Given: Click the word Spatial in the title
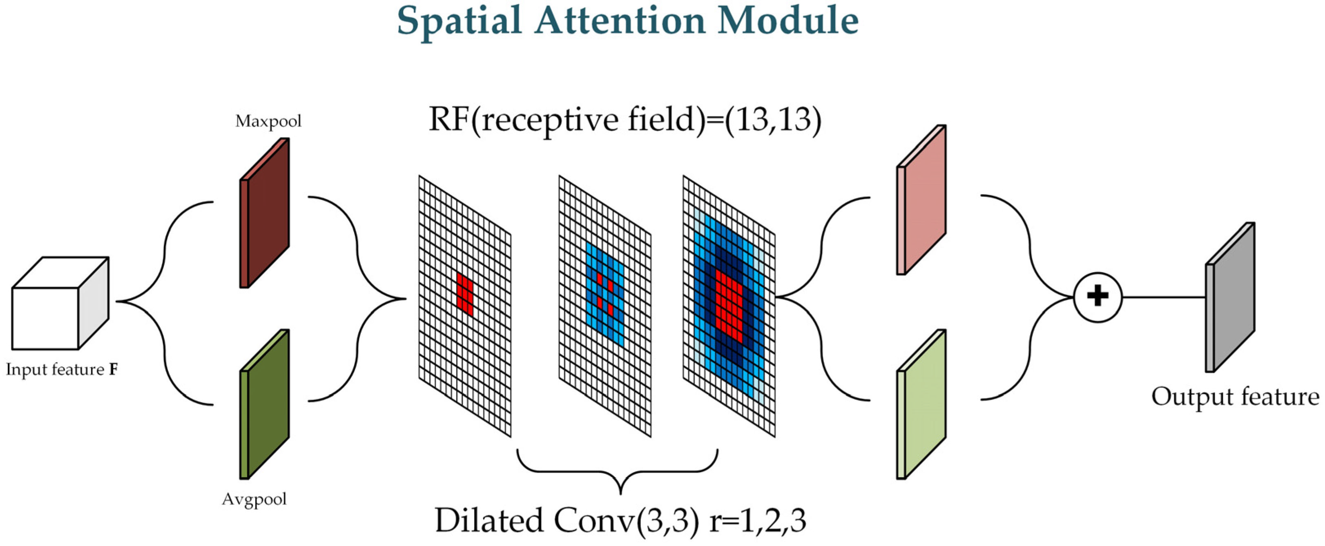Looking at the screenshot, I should [x=460, y=22].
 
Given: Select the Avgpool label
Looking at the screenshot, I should [x=254, y=499].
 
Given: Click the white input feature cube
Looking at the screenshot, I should [x=45, y=318].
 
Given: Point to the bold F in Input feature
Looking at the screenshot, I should [x=113, y=370].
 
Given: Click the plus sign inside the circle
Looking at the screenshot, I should [x=1097, y=297].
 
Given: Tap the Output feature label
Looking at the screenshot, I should [x=1234, y=397].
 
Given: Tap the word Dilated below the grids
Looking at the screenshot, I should [x=490, y=520].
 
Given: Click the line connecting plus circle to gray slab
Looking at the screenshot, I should [x=1164, y=297].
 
